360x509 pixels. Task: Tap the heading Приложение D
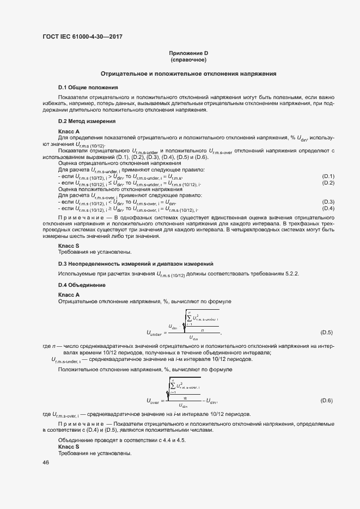(x=188, y=53)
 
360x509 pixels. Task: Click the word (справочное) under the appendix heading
(x=188, y=59)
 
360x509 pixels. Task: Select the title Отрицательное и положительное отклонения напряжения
(x=188, y=73)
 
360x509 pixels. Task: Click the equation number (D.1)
(x=328, y=176)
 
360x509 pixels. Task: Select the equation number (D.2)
(x=328, y=183)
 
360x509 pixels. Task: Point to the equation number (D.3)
(x=328, y=202)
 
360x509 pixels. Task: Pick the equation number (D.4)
(x=328, y=208)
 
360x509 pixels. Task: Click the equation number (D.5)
(x=326, y=332)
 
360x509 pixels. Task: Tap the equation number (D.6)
(x=326, y=401)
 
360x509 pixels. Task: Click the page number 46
(x=46, y=462)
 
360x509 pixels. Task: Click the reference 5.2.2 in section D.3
(x=291, y=273)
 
